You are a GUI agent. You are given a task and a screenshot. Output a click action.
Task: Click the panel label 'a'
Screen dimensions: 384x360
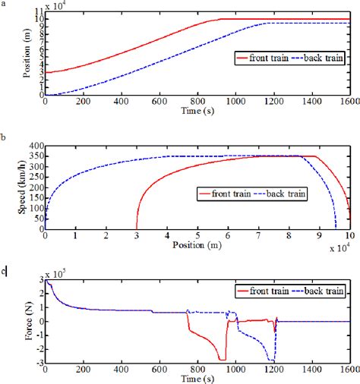(4, 5)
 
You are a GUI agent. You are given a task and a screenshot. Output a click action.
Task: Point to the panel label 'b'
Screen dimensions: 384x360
(4, 138)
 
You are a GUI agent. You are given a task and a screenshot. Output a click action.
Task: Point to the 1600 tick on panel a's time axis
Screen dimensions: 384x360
(349, 102)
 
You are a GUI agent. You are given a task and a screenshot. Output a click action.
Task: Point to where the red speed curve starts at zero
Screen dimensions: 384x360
(137, 228)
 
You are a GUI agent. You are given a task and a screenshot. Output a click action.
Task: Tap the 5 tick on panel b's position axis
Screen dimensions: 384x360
(197, 236)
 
